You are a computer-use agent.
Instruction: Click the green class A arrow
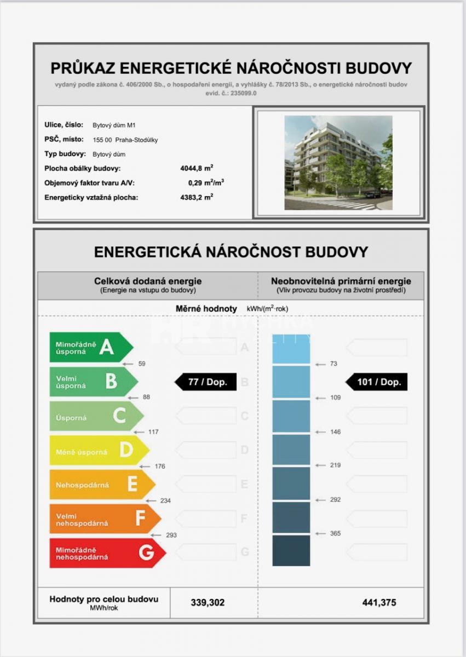click(x=90, y=347)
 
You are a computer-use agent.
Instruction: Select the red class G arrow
click(x=107, y=553)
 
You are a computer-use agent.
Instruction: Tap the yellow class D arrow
click(x=99, y=450)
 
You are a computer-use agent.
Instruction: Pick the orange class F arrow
click(x=105, y=519)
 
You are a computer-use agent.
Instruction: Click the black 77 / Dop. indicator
click(x=206, y=382)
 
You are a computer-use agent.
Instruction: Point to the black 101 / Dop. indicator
click(x=377, y=382)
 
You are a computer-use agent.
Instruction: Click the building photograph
click(x=338, y=163)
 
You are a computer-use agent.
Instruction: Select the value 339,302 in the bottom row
click(x=208, y=603)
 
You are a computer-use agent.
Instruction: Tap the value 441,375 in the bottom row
click(x=379, y=603)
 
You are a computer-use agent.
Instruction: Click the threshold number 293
click(x=171, y=535)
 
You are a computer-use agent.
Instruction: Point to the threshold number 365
click(x=335, y=533)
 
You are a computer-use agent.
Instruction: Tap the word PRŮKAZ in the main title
click(x=83, y=68)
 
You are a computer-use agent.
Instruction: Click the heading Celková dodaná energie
click(x=148, y=281)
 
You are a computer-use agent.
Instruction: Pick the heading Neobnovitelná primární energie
click(x=341, y=281)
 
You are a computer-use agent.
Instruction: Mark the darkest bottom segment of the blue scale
click(x=291, y=550)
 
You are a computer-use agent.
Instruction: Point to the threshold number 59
click(x=142, y=364)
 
